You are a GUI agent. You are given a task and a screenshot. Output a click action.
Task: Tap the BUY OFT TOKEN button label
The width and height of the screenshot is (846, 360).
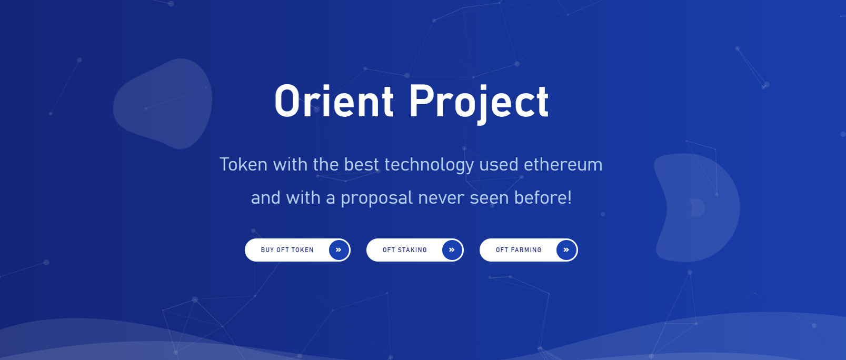(287, 250)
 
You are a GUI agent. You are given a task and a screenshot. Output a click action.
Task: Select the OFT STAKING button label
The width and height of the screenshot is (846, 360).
(404, 250)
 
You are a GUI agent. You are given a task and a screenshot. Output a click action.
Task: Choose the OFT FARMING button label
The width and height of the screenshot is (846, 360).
(519, 250)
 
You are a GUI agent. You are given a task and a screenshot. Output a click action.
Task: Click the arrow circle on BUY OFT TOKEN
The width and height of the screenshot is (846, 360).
(339, 249)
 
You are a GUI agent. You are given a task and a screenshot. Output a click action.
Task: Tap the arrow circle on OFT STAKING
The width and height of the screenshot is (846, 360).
(452, 249)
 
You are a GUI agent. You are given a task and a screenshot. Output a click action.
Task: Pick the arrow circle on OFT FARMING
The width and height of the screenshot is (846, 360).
(566, 249)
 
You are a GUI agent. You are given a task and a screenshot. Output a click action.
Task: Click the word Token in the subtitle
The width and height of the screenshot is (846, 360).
(243, 164)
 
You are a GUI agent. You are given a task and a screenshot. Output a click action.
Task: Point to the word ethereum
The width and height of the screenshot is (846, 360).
(563, 164)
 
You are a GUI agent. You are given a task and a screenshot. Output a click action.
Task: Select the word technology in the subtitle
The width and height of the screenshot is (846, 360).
(429, 165)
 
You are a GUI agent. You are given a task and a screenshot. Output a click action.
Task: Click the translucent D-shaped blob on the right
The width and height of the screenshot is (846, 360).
(697, 208)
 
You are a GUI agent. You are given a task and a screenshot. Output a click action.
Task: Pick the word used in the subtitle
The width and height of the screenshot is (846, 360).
(499, 164)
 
